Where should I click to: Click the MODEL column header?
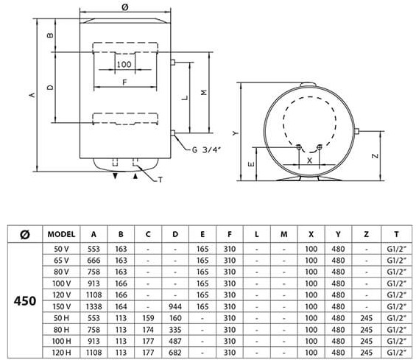point(61,234)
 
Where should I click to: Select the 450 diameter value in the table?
point(25,301)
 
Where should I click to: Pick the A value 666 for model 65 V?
point(94,261)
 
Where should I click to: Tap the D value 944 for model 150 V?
point(175,306)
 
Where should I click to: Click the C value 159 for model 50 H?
point(148,318)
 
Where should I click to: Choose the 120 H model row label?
point(61,353)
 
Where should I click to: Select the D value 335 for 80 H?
point(175,330)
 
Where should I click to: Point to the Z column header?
point(367,234)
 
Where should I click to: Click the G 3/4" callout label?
point(206,150)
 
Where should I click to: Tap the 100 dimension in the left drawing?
point(124,64)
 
